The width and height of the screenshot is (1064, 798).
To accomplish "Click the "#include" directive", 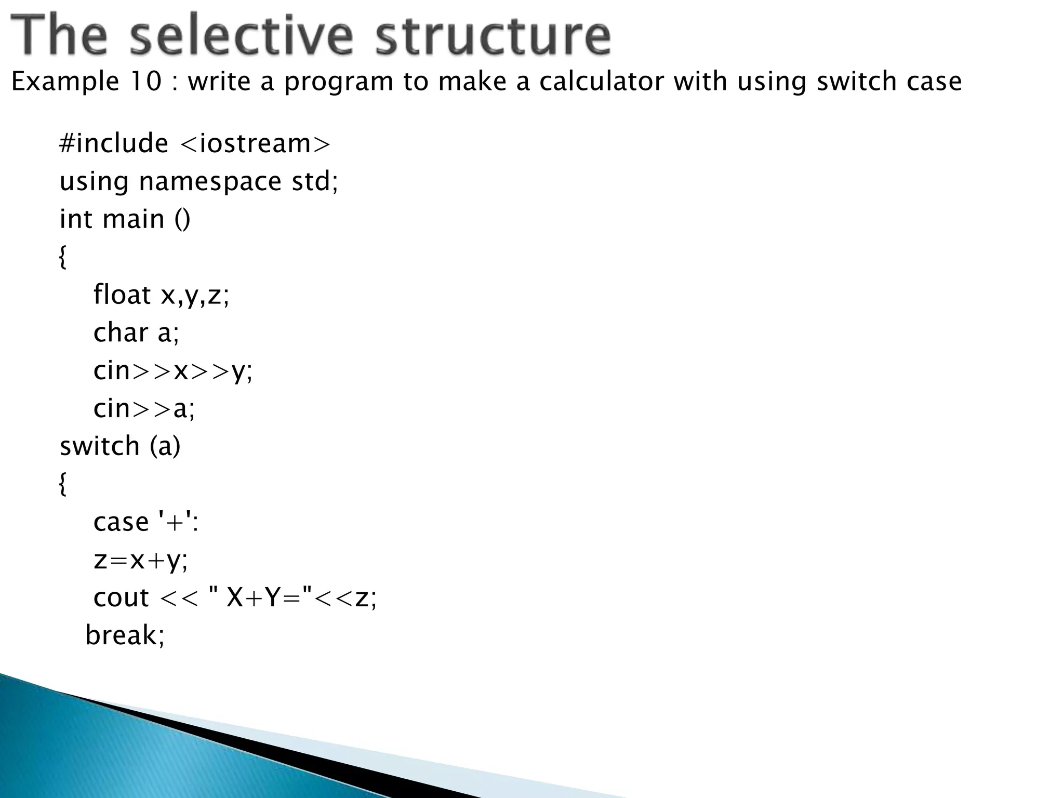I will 114,143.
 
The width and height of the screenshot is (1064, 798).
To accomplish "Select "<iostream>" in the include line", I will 255,143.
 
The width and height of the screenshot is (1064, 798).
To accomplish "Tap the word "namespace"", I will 210,182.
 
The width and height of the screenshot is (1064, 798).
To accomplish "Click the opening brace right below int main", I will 63,257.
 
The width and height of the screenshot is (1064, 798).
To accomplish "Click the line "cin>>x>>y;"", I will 173,371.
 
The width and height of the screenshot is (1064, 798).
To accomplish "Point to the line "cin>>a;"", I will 144,408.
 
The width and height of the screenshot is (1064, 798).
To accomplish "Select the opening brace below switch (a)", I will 63,484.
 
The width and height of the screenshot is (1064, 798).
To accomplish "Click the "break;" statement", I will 125,635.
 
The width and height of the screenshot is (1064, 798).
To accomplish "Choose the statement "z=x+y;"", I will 140,560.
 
